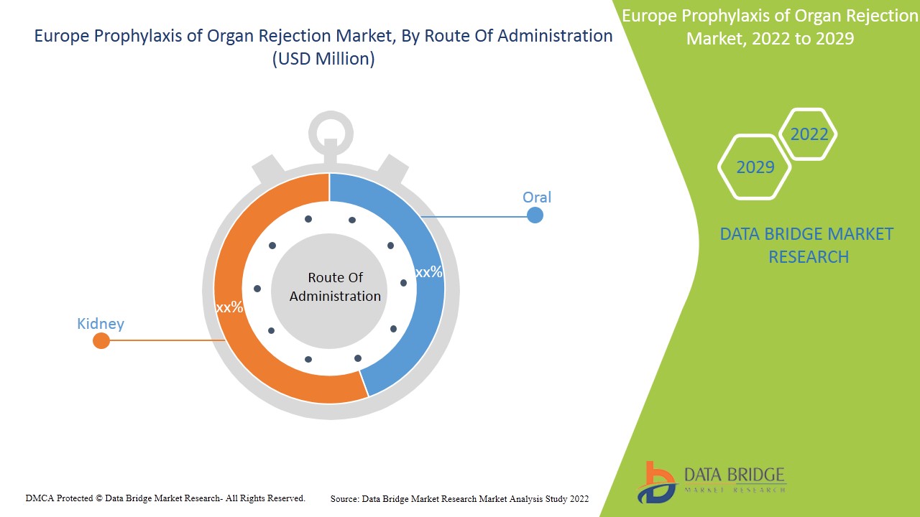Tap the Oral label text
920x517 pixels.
[x=537, y=197]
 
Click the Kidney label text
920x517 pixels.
[x=101, y=323]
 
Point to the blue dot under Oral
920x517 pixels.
[x=535, y=215]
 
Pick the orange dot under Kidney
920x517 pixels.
[x=101, y=341]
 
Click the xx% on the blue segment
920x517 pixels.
[x=429, y=272]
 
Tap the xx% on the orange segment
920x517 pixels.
[x=229, y=307]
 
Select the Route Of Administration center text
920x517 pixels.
[x=335, y=287]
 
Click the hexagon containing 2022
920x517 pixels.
[x=809, y=134]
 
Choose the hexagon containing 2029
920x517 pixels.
[x=755, y=167]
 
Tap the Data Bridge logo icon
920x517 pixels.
[x=656, y=482]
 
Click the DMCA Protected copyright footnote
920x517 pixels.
[x=165, y=498]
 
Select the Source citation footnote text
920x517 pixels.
[x=459, y=498]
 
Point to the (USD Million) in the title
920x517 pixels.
[x=323, y=59]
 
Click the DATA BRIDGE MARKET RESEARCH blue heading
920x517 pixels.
[x=806, y=245]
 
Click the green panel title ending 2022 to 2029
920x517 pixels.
[x=770, y=27]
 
